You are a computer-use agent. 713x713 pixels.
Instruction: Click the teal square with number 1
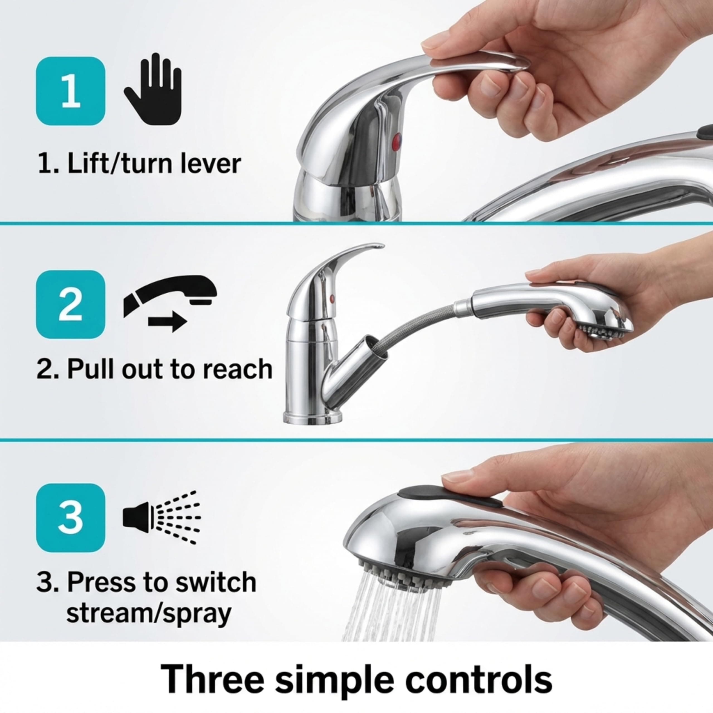click(70, 91)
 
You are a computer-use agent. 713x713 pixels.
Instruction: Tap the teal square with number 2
click(70, 304)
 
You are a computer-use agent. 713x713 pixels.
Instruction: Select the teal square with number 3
click(70, 518)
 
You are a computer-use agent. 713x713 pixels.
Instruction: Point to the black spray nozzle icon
click(161, 517)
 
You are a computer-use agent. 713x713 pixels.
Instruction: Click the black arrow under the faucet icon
click(167, 322)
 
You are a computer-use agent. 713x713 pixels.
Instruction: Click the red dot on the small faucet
click(331, 297)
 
